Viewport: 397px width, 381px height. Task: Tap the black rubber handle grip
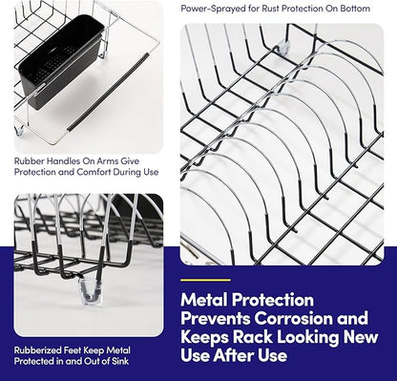(108, 93)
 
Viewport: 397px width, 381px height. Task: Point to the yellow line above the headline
(205, 280)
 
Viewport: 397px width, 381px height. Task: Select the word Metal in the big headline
(203, 300)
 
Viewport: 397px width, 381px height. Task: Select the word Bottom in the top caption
(355, 9)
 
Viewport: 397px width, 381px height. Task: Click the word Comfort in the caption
(97, 172)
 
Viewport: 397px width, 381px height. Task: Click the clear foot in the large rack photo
(282, 47)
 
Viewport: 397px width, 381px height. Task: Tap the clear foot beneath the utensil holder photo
(20, 130)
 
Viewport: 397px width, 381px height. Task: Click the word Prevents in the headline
(216, 318)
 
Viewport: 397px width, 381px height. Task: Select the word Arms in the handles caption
(107, 160)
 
